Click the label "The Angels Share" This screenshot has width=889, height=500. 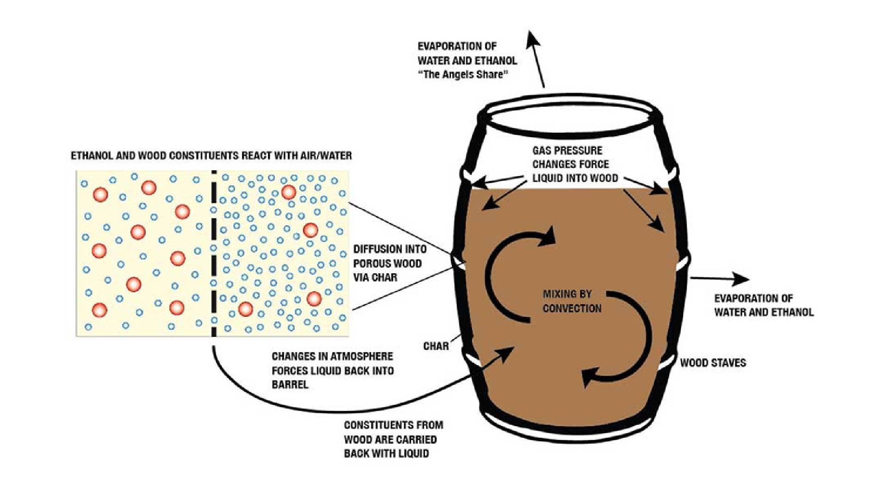coord(463,75)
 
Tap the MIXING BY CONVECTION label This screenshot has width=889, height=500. coord(572,301)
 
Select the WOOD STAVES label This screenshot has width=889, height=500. coord(713,363)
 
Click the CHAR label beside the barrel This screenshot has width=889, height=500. coord(436,346)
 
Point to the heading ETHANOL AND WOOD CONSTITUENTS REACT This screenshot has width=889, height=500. coord(211,156)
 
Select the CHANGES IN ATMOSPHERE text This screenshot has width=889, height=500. coord(332,370)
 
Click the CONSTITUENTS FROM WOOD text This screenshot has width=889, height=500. coord(393,439)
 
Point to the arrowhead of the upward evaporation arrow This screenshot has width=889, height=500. coord(533,38)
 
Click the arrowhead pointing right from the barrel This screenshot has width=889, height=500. coord(740,279)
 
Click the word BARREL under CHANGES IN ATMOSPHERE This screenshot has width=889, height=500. coord(290,385)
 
